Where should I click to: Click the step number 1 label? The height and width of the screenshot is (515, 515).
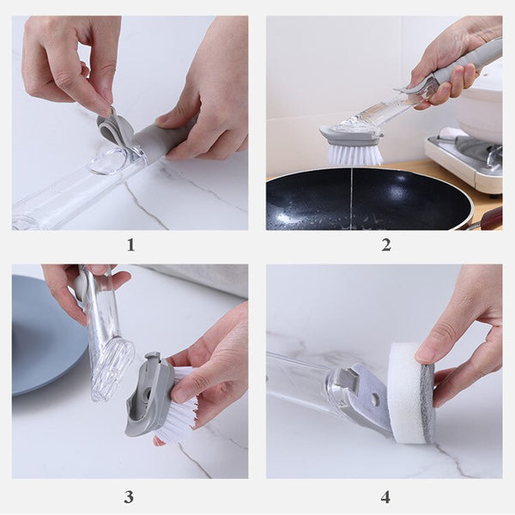(130, 245)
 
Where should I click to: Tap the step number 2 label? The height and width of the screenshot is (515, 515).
(386, 245)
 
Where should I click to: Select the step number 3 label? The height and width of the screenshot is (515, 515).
(129, 497)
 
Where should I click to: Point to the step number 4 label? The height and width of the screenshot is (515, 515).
(385, 497)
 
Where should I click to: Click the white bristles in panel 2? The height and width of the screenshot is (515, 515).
(354, 154)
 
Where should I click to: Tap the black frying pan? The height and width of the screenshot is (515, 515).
(368, 199)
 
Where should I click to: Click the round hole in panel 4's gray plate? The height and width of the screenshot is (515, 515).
(375, 398)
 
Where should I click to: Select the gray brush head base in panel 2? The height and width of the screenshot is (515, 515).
(351, 135)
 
